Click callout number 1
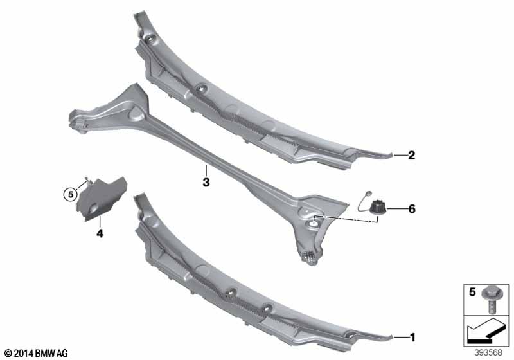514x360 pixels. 412,336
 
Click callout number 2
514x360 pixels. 412,155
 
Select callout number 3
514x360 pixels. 206,182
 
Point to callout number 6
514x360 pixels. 412,208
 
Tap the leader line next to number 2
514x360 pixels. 397,155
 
